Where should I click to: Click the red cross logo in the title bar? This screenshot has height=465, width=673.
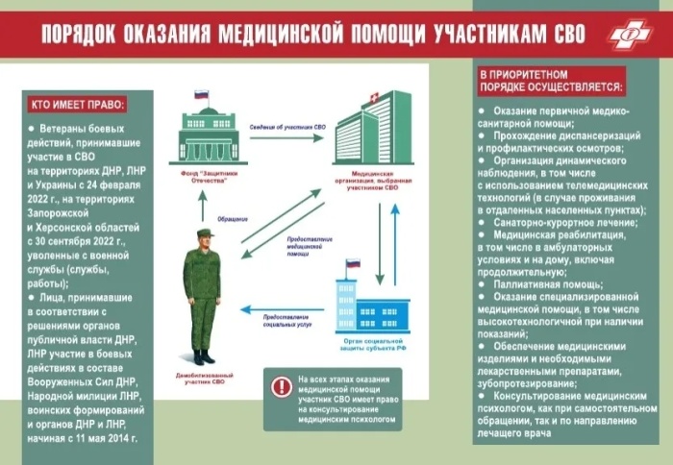[631, 35]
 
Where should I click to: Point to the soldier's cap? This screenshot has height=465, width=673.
[205, 233]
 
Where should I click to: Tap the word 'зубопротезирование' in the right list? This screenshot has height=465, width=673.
[533, 383]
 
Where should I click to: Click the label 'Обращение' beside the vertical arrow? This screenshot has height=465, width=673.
[235, 218]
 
